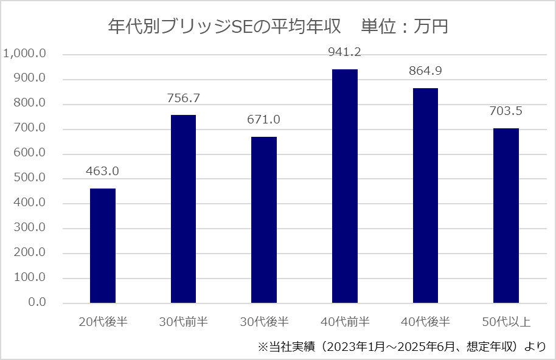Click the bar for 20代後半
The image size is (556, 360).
[x=103, y=246]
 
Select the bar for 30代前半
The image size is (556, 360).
[x=183, y=209]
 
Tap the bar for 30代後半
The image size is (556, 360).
[x=264, y=220]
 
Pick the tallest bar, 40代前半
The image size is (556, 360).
[x=345, y=186]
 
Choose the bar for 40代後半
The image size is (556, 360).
[x=425, y=195]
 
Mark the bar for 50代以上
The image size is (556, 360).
[x=506, y=215]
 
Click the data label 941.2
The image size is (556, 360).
[x=345, y=53]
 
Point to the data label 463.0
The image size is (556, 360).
[x=103, y=171]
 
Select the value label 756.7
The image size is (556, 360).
[x=183, y=98]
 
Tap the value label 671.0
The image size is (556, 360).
[x=264, y=120]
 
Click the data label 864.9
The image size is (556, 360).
[x=425, y=71]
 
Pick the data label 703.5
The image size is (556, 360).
[x=506, y=111]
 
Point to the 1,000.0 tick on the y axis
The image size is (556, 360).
[x=25, y=54]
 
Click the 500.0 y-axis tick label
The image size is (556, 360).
[x=29, y=179]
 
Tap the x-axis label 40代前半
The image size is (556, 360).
[x=345, y=322]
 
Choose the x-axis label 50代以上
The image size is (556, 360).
[x=506, y=322]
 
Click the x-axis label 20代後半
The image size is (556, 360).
[x=103, y=322]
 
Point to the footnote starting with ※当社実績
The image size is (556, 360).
[x=402, y=347]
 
